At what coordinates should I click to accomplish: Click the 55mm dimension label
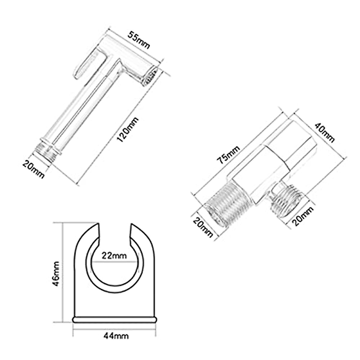pos(139,40)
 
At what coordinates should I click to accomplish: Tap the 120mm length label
pos(127,130)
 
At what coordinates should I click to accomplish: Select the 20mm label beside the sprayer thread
pos(34,169)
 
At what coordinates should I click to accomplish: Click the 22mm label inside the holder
pos(114,256)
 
